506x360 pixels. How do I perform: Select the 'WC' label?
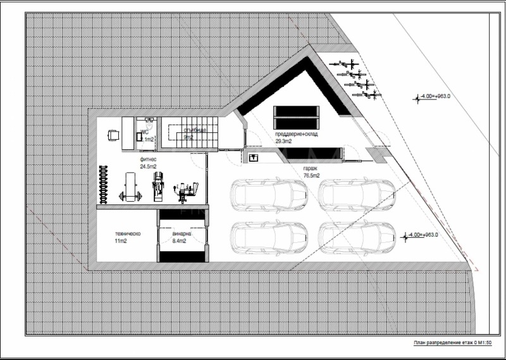[144, 133]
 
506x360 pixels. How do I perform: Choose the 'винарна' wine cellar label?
[182, 234]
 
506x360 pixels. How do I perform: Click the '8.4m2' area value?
[182, 241]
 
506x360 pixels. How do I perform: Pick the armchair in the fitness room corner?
[114, 135]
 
